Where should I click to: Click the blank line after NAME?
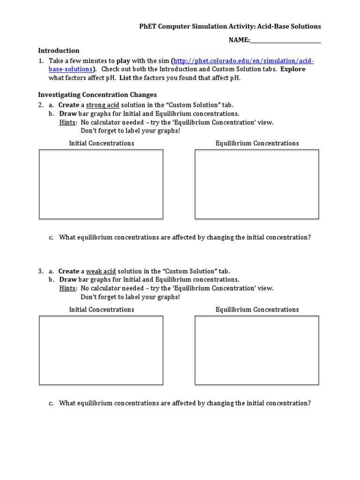click(x=285, y=40)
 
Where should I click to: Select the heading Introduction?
click(x=59, y=51)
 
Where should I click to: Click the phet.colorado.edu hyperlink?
click(x=243, y=61)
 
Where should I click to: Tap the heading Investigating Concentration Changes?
click(x=97, y=95)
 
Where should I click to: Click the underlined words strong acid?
click(x=103, y=105)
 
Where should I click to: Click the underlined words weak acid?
click(x=101, y=271)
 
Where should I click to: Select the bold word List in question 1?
click(x=125, y=78)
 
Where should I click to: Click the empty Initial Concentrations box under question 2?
click(x=101, y=184)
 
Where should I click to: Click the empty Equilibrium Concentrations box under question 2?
click(x=257, y=184)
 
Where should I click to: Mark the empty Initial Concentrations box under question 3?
click(x=101, y=351)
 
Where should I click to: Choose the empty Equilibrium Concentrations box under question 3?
click(x=257, y=351)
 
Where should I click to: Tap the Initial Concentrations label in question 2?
click(x=101, y=143)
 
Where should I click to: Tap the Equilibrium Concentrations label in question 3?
click(x=257, y=310)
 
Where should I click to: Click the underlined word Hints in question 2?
click(x=68, y=122)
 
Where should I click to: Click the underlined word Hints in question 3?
click(x=68, y=288)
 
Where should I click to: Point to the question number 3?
click(x=41, y=271)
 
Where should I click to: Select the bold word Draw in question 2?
click(x=68, y=113)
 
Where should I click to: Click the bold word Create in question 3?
click(x=69, y=271)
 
